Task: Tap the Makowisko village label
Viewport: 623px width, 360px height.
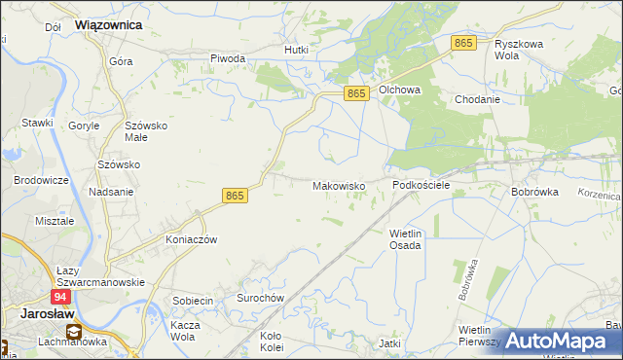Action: click(339, 185)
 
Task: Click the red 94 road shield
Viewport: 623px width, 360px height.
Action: click(60, 296)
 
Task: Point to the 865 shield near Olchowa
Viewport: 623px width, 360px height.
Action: click(357, 92)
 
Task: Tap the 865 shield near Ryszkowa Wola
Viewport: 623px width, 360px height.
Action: click(463, 43)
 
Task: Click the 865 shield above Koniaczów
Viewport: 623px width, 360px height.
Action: click(235, 196)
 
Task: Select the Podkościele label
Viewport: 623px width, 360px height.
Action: click(421, 185)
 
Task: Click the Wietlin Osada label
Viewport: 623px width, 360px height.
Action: click(405, 239)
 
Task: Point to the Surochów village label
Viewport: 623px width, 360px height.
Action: click(259, 298)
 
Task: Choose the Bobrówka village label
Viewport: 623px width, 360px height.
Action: click(534, 192)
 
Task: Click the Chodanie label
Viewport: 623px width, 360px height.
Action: click(477, 99)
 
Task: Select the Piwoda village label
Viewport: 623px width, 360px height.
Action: click(228, 58)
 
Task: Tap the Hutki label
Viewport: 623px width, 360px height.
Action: click(296, 50)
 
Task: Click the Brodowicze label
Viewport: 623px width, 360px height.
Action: click(40, 181)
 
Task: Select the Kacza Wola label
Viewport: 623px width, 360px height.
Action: click(191, 330)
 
